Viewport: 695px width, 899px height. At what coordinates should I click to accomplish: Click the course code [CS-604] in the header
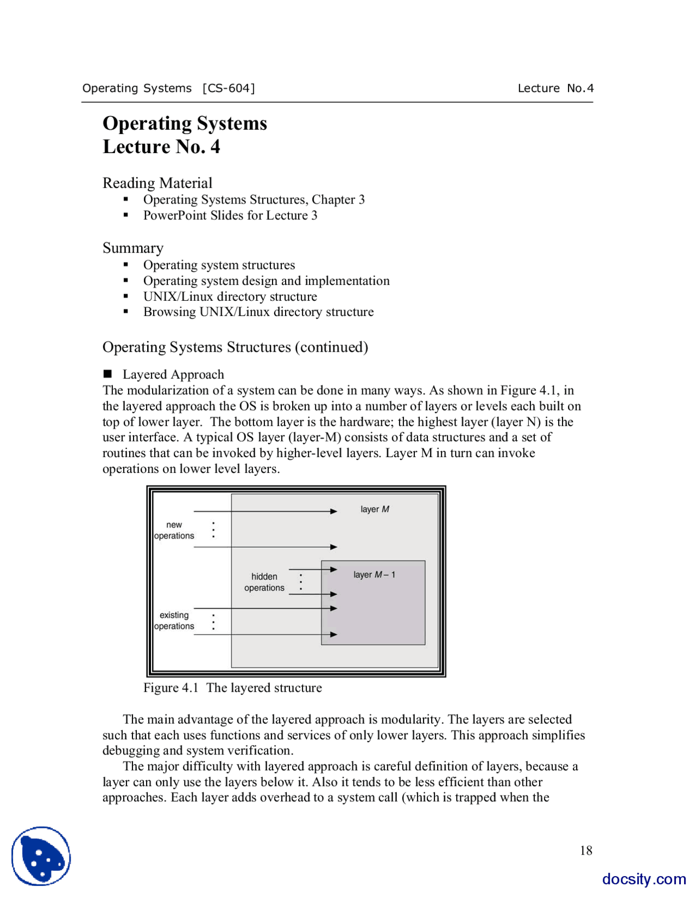[x=228, y=88]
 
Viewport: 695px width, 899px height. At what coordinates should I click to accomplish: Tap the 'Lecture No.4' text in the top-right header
[x=555, y=88]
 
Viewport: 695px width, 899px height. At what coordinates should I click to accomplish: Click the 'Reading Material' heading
[x=157, y=183]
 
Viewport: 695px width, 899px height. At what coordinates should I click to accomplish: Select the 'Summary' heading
[x=133, y=248]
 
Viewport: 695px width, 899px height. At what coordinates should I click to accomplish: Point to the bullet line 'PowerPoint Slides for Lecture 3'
[x=230, y=216]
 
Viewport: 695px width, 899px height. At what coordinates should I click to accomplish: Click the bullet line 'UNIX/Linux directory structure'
[x=230, y=296]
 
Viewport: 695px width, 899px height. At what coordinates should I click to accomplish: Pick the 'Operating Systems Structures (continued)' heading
[x=235, y=347]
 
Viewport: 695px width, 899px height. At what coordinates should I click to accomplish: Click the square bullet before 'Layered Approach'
[x=108, y=374]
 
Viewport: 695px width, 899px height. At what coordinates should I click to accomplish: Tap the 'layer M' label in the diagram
[x=375, y=509]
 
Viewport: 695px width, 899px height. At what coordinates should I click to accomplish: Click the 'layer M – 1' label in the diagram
[x=374, y=574]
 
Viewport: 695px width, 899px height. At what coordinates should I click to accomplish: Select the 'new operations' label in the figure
[x=174, y=530]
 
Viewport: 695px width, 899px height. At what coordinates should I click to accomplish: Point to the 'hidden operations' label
[x=264, y=582]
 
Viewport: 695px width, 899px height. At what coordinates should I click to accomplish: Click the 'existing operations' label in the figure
[x=174, y=621]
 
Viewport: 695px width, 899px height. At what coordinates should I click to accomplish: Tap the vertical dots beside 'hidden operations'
[x=301, y=582]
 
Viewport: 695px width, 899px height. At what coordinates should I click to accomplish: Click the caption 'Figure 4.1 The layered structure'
[x=232, y=688]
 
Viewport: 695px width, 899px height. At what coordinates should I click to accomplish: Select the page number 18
[x=586, y=851]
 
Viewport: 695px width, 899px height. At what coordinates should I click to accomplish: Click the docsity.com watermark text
[x=643, y=879]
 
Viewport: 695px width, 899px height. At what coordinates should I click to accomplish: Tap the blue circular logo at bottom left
[x=41, y=856]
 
